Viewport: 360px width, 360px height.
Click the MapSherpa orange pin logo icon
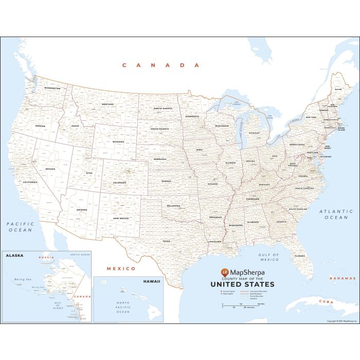click(224, 271)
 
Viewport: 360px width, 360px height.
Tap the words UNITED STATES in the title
click(242, 284)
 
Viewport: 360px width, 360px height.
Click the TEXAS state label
click(166, 241)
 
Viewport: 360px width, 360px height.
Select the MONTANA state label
click(107, 104)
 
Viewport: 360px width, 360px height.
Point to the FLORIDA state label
click(299, 255)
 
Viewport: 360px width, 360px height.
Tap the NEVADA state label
click(50, 169)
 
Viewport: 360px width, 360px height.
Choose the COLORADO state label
click(119, 183)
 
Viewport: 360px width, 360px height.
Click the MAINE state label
click(338, 89)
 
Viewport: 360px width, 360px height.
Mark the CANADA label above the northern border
click(160, 65)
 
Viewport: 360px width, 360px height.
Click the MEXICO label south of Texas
click(121, 268)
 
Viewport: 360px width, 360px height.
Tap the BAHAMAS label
click(341, 278)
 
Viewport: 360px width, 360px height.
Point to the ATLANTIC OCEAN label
click(336, 214)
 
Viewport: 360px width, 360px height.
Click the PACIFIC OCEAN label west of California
click(20, 227)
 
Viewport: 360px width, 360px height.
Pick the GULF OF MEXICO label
click(268, 257)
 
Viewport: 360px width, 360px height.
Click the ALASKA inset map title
click(15, 255)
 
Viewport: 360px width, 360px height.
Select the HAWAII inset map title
click(152, 281)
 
